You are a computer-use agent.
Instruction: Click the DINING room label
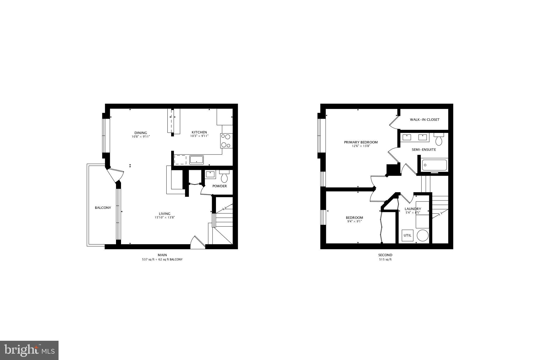tap(141, 133)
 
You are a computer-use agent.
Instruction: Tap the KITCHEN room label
tap(199, 132)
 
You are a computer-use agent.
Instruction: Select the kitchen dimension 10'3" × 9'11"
tap(199, 136)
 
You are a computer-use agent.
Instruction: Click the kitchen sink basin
tap(196, 160)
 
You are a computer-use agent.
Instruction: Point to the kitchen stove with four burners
tap(226, 141)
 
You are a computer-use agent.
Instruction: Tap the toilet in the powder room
tap(224, 177)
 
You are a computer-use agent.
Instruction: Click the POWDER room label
tap(219, 186)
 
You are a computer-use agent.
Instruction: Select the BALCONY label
tap(103, 208)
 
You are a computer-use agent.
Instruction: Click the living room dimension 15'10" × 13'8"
tap(165, 218)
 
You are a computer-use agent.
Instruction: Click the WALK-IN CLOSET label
tap(425, 120)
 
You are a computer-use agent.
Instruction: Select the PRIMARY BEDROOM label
tap(361, 142)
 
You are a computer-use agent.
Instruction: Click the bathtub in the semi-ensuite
tap(434, 165)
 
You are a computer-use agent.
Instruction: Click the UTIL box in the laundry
tap(407, 236)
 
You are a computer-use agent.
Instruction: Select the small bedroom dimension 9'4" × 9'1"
tap(354, 222)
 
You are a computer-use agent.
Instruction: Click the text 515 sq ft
tap(385, 260)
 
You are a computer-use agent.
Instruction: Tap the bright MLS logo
tap(29, 350)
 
